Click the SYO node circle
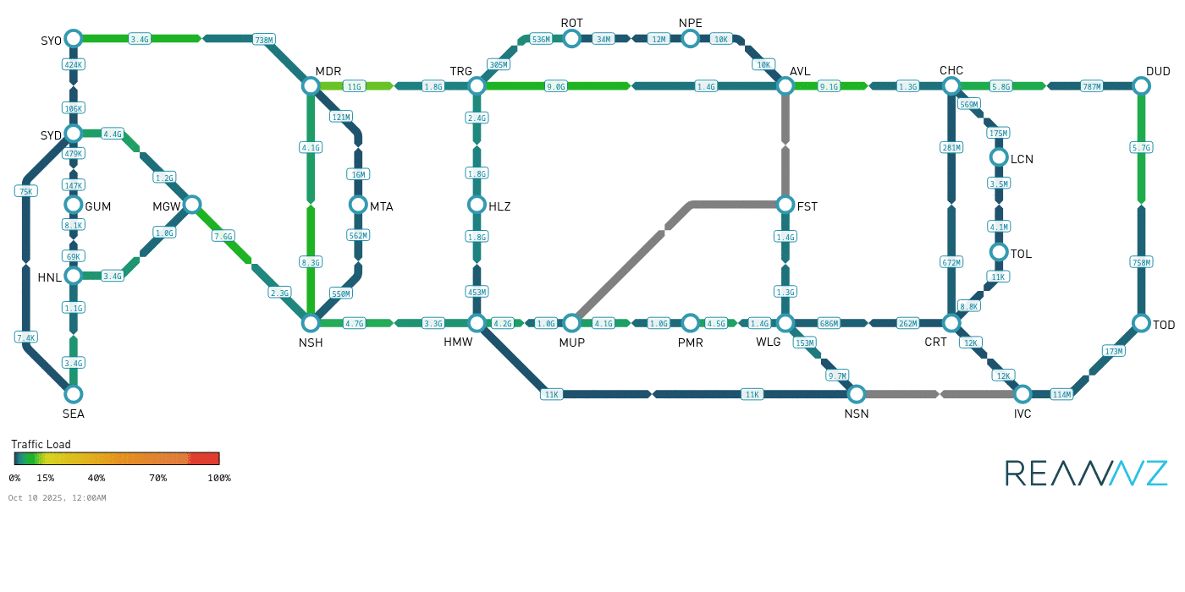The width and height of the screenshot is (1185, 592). coord(74,38)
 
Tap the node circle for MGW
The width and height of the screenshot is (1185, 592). coord(192,204)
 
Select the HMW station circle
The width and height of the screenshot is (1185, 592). coord(477,323)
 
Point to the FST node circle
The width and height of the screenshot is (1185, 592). coord(785,204)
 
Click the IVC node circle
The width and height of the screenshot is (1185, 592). coord(1022,393)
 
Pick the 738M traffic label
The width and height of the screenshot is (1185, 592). coord(264,39)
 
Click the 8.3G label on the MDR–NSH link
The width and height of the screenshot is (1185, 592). coord(311,262)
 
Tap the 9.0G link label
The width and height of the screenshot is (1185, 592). coord(556,86)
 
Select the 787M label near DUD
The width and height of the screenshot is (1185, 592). coord(1092,86)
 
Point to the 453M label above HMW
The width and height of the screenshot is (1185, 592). coord(477,292)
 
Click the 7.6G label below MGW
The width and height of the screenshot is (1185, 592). coord(223,236)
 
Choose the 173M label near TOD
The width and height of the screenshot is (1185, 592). coord(1114,351)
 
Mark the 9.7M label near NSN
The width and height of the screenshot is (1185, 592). coord(837,375)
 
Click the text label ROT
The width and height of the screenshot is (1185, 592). coord(572,23)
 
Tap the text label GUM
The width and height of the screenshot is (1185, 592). coord(98,206)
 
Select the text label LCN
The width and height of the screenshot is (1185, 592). coord(1022,159)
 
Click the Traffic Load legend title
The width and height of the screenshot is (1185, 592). coord(41,444)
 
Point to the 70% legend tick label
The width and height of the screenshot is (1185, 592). coord(157,478)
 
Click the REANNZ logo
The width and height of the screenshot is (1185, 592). coord(1086,473)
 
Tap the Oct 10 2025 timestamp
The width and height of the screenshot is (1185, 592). coord(57,498)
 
